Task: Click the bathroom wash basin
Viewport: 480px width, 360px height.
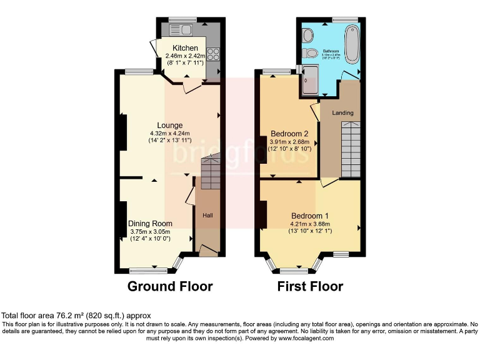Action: (x=308, y=54)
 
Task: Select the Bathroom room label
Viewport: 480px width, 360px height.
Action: (x=331, y=50)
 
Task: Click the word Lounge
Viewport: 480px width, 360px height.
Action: (x=170, y=125)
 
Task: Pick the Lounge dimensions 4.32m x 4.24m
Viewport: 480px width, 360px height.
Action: (x=170, y=133)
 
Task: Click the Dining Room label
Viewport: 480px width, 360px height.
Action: (x=150, y=223)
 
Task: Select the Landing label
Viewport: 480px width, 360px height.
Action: (x=342, y=112)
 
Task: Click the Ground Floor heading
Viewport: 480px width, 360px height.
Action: (x=170, y=287)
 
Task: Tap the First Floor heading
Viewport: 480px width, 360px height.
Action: (x=310, y=287)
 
